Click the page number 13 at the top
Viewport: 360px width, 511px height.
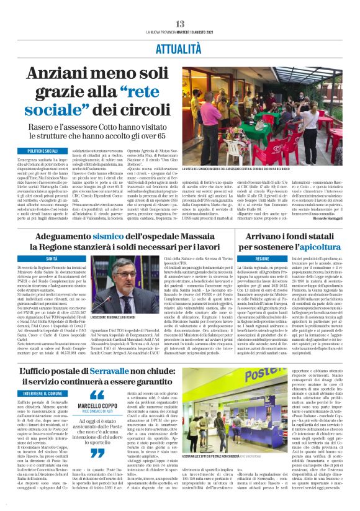tap(180, 23)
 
